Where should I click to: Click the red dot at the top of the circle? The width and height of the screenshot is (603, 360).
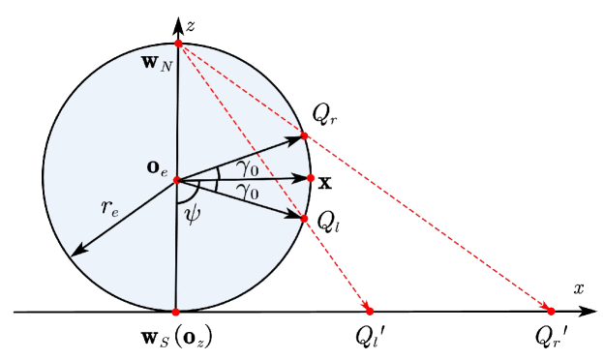pyautogui.click(x=178, y=44)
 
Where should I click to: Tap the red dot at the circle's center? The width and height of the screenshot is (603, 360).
pyautogui.click(x=177, y=180)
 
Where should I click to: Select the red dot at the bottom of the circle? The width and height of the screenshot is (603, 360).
pyautogui.click(x=175, y=312)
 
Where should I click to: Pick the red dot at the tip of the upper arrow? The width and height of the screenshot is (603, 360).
pyautogui.click(x=305, y=135)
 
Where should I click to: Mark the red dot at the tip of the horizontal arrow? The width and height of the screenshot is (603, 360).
pyautogui.click(x=311, y=178)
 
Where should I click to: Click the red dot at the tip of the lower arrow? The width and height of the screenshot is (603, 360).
pyautogui.click(x=304, y=219)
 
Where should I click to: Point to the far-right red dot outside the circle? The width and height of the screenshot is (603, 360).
pyautogui.click(x=551, y=311)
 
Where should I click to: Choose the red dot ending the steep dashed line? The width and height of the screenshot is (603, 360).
pyautogui.click(x=369, y=311)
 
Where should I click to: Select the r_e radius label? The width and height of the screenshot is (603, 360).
pyautogui.click(x=110, y=207)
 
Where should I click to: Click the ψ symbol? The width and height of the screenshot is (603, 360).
pyautogui.click(x=194, y=214)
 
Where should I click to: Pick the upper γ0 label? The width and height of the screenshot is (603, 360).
pyautogui.click(x=247, y=167)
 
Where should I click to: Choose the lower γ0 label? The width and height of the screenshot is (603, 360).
pyautogui.click(x=247, y=193)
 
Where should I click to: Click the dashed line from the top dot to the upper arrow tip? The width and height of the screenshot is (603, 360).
pyautogui.click(x=242, y=90)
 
